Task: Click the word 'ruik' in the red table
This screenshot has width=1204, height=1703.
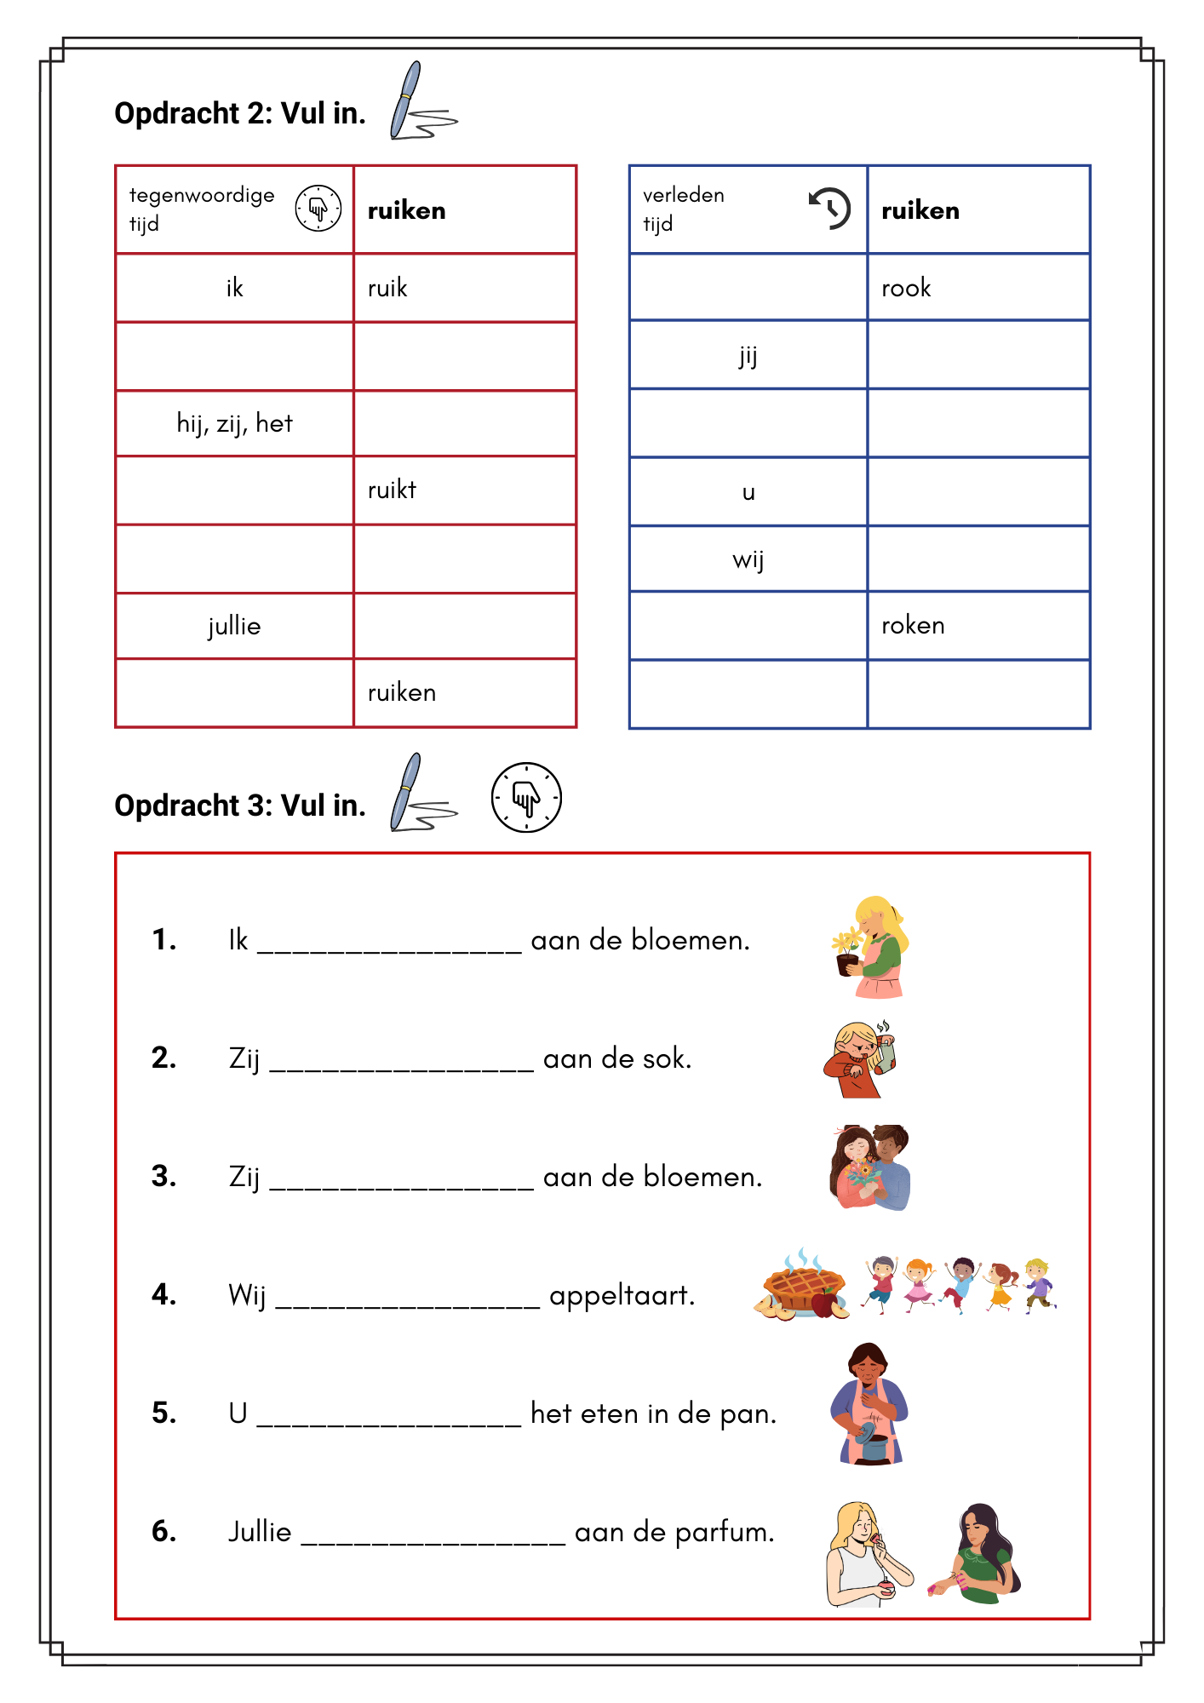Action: click(x=387, y=288)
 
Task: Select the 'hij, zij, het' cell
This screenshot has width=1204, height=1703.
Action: click(x=234, y=423)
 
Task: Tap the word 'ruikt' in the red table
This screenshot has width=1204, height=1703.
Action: click(x=392, y=490)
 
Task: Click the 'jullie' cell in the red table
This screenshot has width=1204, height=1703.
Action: click(x=234, y=626)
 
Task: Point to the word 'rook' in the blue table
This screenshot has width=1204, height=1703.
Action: click(x=906, y=288)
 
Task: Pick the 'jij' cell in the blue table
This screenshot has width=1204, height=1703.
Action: click(x=748, y=355)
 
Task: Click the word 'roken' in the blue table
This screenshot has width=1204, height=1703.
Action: click(x=913, y=625)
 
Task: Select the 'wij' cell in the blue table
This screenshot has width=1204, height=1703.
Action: click(x=748, y=559)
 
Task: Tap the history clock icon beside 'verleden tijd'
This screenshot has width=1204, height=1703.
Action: click(x=829, y=208)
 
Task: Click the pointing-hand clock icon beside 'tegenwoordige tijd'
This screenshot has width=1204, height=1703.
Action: click(x=318, y=208)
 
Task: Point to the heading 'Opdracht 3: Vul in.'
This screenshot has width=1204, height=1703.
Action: click(x=240, y=805)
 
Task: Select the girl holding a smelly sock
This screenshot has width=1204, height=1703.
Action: click(x=860, y=1060)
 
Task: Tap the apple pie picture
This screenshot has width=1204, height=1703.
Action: click(x=802, y=1286)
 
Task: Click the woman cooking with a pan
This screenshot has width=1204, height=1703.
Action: click(x=869, y=1405)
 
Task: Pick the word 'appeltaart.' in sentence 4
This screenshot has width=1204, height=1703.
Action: click(x=622, y=1295)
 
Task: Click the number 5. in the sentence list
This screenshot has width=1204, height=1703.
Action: click(x=164, y=1413)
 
